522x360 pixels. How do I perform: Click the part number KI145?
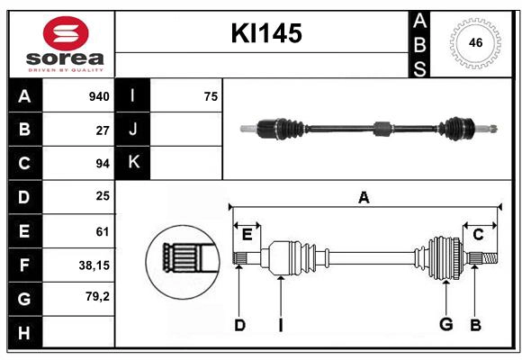266,34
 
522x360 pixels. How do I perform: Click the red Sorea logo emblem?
66,33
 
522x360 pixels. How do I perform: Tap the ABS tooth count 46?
475,42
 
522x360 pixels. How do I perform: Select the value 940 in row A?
98,96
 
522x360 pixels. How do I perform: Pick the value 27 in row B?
102,130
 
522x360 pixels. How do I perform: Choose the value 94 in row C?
102,164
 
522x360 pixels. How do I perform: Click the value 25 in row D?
102,196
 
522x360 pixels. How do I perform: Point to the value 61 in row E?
102,231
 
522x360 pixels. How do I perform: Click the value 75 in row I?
211,96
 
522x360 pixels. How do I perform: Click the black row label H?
24,332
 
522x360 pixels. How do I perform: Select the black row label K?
133,163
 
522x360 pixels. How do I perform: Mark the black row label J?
133,130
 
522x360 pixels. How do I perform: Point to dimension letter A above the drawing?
364,197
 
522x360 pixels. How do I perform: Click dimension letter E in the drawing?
247,235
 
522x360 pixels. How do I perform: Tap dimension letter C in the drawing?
478,235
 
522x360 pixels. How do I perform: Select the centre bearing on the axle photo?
382,129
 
